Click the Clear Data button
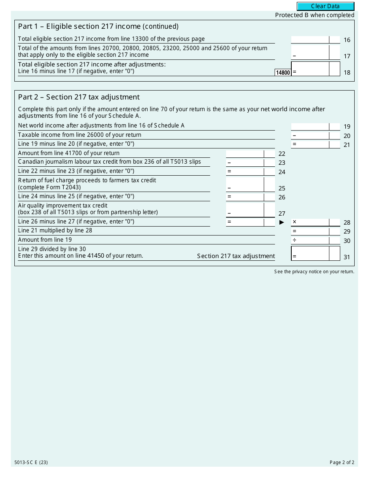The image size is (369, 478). pos(325,6)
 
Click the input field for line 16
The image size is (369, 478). pos(310,40)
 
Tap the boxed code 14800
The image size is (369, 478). pos(283,73)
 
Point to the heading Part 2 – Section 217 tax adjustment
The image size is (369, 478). pos(79,97)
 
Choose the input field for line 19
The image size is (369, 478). pos(310,126)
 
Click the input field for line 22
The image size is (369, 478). pos(245,154)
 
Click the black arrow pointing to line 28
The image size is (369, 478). pos(282,222)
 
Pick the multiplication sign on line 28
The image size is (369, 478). pos(294,222)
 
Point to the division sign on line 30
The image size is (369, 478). pos(294,240)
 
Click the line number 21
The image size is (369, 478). pos(347,145)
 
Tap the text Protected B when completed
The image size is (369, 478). pos(315,15)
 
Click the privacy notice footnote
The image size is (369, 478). pos(314,272)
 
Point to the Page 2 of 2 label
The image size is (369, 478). pos(342,462)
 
